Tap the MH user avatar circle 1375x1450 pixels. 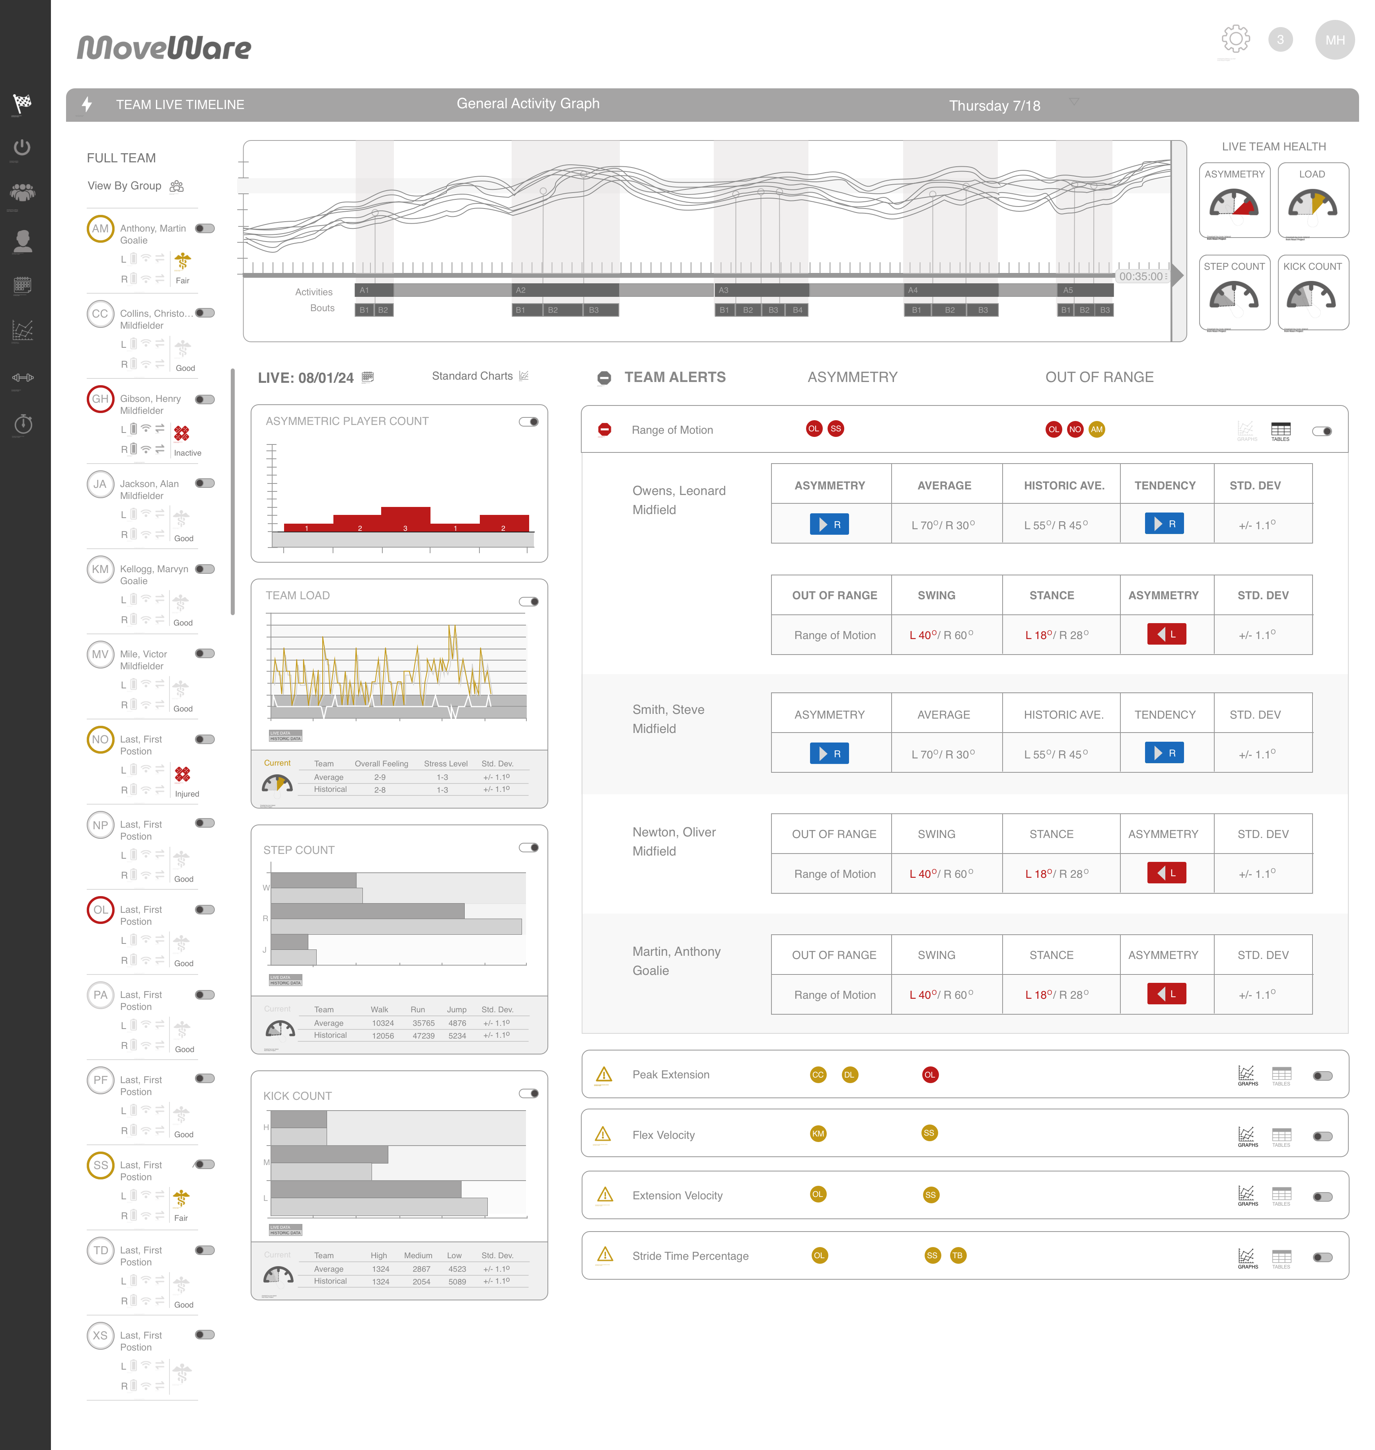[1335, 40]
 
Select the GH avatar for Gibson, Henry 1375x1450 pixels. [100, 399]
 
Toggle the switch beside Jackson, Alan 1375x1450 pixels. [205, 483]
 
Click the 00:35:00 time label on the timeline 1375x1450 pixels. [1140, 277]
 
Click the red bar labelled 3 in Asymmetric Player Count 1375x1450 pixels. [405, 518]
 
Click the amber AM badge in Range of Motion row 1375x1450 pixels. [1096, 430]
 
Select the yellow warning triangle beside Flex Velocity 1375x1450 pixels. [603, 1135]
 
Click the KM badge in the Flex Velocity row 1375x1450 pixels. [818, 1134]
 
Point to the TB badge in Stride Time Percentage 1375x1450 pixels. [957, 1256]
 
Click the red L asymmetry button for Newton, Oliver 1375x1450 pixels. [1166, 873]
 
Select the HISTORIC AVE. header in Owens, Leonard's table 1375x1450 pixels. [1063, 485]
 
